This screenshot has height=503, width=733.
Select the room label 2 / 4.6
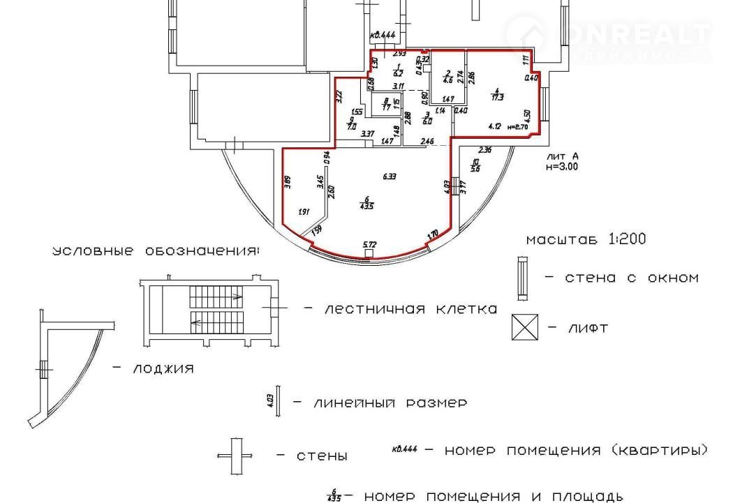click(448, 77)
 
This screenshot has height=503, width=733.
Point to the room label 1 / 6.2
click(397, 70)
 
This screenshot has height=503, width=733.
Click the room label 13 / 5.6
click(475, 165)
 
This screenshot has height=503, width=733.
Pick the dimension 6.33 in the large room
click(389, 177)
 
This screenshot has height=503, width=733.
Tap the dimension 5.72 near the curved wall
click(369, 245)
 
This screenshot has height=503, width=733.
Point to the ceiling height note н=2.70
click(519, 127)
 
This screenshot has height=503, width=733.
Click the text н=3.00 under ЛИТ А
click(562, 167)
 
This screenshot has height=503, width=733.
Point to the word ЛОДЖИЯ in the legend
click(162, 368)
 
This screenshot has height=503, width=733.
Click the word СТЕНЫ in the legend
click(321, 456)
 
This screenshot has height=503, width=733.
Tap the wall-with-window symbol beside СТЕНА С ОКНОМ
click(521, 277)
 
